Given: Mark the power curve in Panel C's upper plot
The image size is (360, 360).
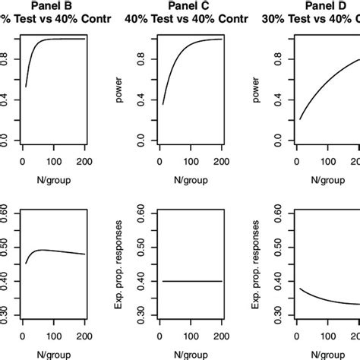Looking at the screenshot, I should click(x=175, y=61).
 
